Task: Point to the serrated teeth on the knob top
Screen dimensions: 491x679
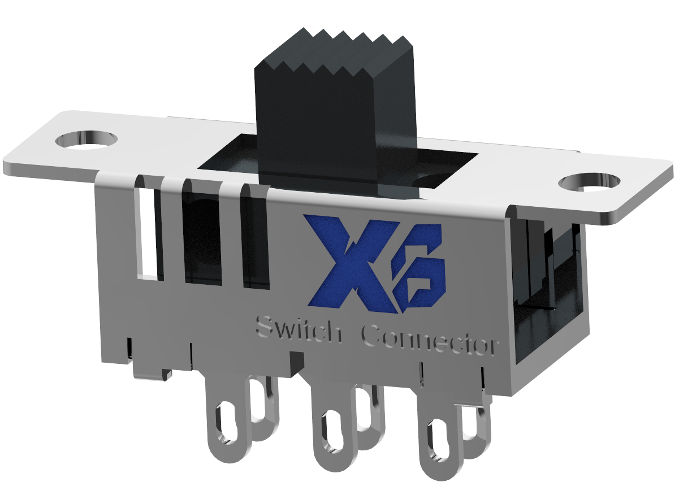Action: pyautogui.click(x=334, y=54)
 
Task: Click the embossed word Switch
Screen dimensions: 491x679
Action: pyautogui.click(x=299, y=329)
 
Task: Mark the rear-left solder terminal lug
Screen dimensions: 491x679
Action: pyautogui.click(x=263, y=407)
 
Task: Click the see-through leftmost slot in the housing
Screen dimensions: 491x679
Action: pyautogui.click(x=148, y=232)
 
